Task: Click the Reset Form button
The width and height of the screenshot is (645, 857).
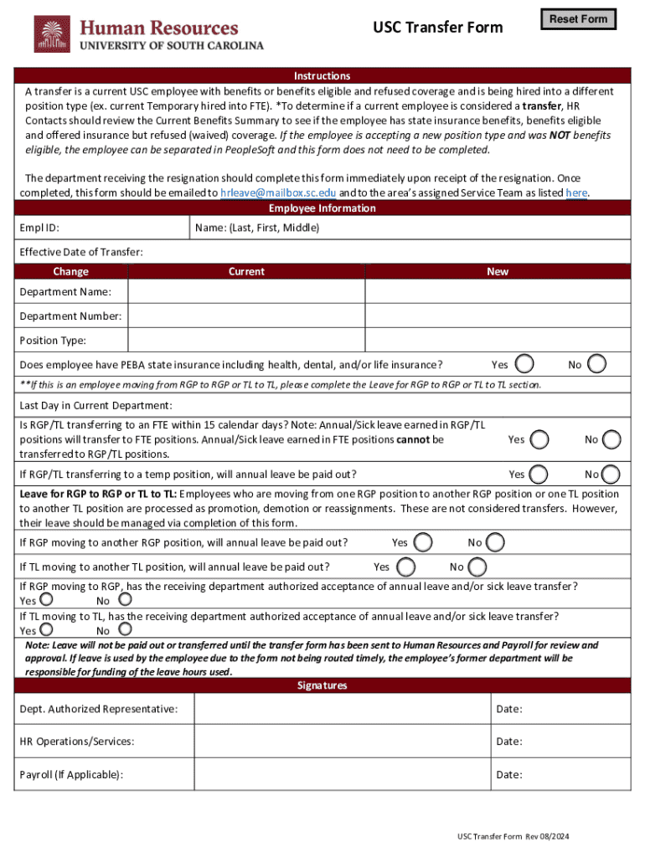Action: pyautogui.click(x=578, y=19)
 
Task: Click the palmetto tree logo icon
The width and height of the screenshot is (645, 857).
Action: pyautogui.click(x=52, y=34)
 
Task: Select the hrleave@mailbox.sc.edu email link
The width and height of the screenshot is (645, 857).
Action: pyautogui.click(x=277, y=192)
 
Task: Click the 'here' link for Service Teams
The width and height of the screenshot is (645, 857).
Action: pyautogui.click(x=576, y=192)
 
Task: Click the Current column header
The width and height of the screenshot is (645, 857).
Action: pyautogui.click(x=246, y=271)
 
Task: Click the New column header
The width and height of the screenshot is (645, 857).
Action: pyautogui.click(x=498, y=271)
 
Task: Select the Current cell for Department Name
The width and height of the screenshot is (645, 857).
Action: pyautogui.click(x=246, y=291)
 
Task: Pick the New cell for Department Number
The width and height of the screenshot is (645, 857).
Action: pyautogui.click(x=498, y=316)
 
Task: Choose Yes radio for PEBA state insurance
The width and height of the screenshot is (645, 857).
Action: pyautogui.click(x=525, y=364)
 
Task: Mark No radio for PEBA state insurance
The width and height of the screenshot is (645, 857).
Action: pyautogui.click(x=597, y=364)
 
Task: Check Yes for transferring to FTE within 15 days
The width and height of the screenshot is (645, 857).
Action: pyautogui.click(x=540, y=439)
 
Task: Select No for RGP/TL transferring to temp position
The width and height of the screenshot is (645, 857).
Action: pyautogui.click(x=612, y=474)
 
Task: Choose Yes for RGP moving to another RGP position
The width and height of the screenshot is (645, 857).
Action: pyautogui.click(x=424, y=542)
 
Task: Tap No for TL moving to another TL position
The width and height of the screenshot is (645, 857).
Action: pyautogui.click(x=477, y=567)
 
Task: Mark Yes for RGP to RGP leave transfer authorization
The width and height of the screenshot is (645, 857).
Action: pyautogui.click(x=48, y=599)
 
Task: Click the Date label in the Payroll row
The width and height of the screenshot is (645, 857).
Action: pyautogui.click(x=509, y=774)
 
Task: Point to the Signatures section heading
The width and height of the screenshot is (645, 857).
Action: pyautogui.click(x=322, y=685)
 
